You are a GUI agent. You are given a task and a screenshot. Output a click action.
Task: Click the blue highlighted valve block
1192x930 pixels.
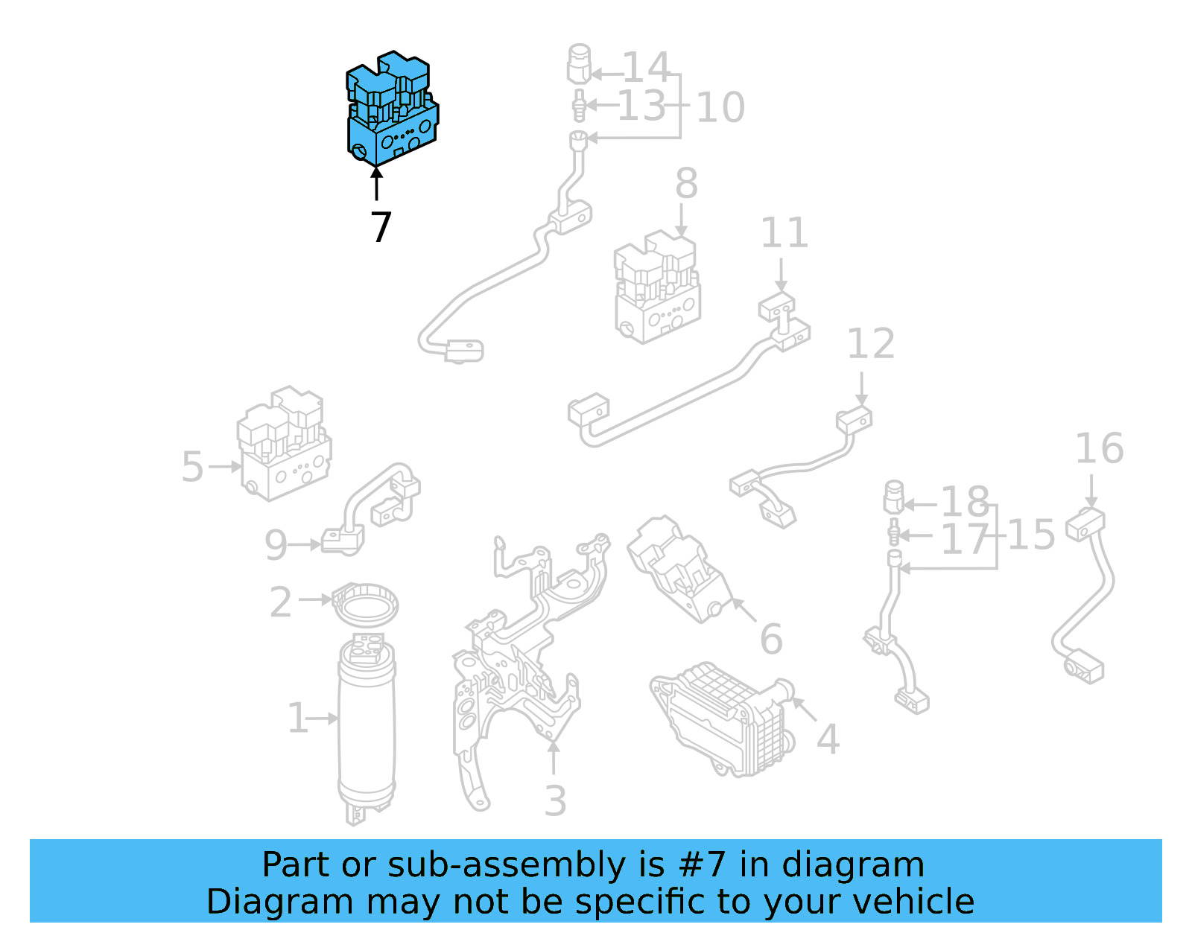tap(392, 110)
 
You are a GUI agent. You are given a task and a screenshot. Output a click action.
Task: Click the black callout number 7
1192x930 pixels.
tap(381, 227)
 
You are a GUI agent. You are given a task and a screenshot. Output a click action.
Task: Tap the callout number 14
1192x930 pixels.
tap(646, 68)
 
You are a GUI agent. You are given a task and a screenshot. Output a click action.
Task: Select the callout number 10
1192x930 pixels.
tap(720, 108)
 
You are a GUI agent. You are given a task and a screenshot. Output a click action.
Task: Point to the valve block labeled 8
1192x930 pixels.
tap(657, 288)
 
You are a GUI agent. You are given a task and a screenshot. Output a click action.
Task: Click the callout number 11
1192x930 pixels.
tap(784, 234)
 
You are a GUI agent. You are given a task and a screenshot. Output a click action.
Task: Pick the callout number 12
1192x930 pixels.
tap(870, 344)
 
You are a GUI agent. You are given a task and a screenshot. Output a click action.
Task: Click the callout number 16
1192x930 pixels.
tap(1099, 449)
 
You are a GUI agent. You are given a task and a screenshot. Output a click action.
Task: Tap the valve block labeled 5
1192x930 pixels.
tap(284, 445)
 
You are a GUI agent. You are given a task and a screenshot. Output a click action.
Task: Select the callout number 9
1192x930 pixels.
tap(276, 545)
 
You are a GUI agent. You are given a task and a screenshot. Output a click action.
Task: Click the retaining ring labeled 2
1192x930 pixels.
tap(365, 603)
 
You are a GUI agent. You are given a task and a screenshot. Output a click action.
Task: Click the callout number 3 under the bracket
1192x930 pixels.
tap(555, 801)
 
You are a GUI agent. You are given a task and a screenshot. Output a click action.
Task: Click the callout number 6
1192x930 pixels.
tap(771, 640)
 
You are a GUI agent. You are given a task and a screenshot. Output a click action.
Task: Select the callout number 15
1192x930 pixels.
tap(1031, 535)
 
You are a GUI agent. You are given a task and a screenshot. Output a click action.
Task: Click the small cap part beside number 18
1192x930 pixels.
tap(893, 497)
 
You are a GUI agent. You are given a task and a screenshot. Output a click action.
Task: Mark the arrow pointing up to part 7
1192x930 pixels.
tap(377, 183)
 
